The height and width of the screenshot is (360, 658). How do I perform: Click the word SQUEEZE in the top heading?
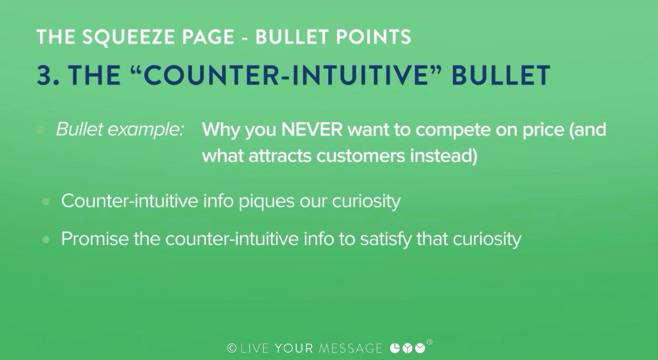129,37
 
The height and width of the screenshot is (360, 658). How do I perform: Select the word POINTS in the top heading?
373,37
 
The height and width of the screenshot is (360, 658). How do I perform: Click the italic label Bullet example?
120,129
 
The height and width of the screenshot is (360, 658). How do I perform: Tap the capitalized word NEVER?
312,129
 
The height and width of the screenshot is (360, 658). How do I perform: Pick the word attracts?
280,156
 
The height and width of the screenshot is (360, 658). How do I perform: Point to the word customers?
360,156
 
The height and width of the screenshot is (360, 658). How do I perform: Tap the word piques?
266,202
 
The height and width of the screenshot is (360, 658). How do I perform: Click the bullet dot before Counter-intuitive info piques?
46,202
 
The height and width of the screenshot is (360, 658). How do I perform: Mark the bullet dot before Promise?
46,240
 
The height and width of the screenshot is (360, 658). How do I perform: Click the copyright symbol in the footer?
232,348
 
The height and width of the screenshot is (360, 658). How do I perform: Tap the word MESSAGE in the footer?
350,348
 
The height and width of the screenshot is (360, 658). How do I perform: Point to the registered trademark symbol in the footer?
429,342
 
